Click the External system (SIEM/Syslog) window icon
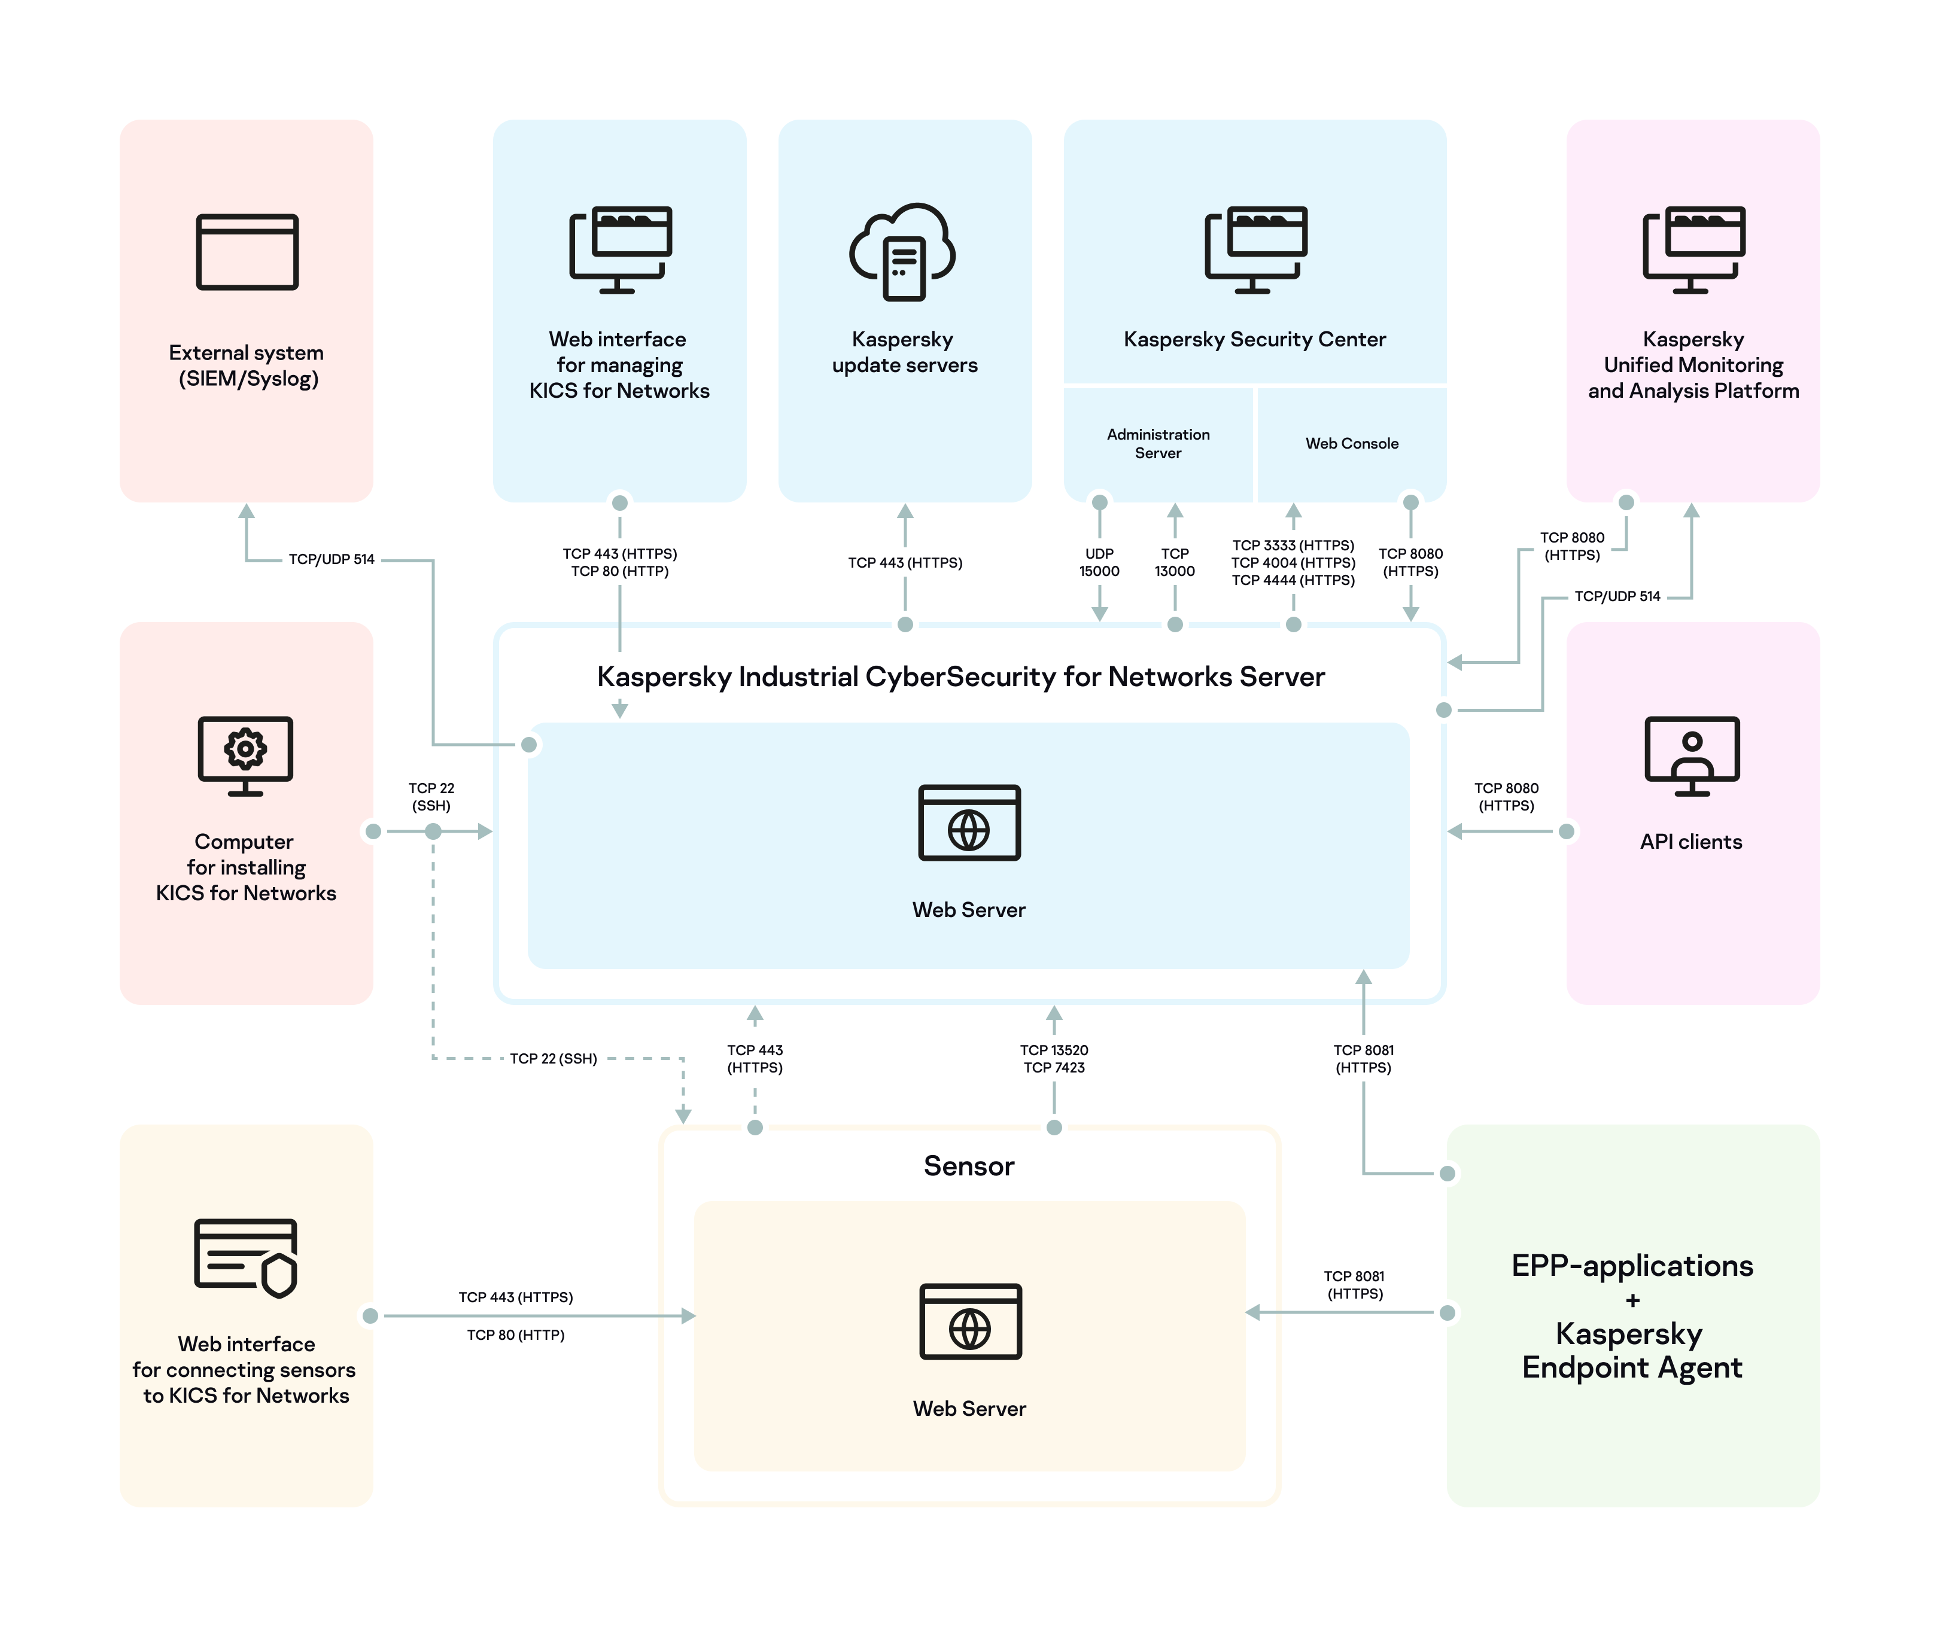(x=247, y=252)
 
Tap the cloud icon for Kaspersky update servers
(x=902, y=252)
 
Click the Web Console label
(x=1352, y=443)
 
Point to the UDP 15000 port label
(x=1099, y=562)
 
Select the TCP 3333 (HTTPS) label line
(x=1293, y=546)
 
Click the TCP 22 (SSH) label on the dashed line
(x=554, y=1058)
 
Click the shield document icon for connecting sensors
(x=246, y=1258)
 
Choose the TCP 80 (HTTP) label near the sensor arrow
(x=515, y=1335)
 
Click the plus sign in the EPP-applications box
(x=1632, y=1300)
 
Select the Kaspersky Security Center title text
(x=1254, y=339)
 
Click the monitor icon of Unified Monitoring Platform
(x=1693, y=249)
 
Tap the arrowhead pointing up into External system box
(x=247, y=511)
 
